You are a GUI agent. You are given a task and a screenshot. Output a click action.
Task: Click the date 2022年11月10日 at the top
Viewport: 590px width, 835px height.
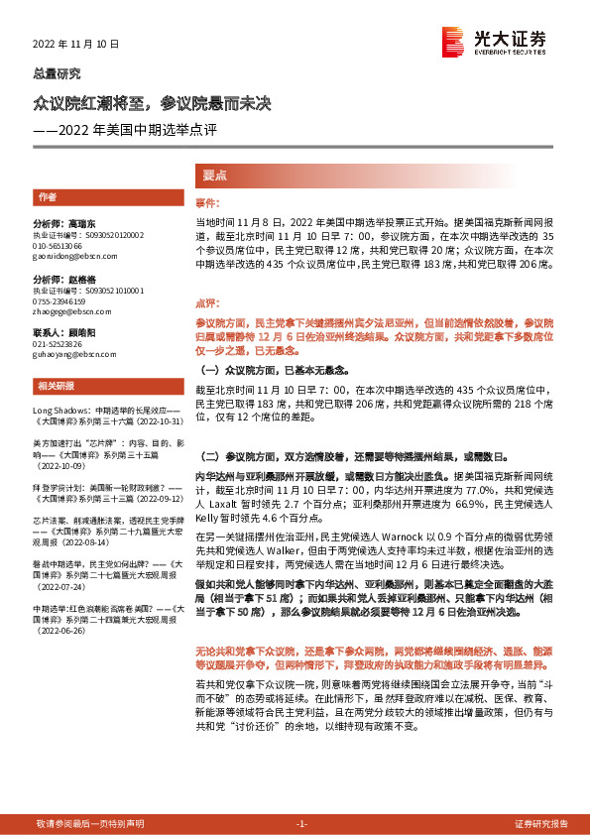click(x=76, y=45)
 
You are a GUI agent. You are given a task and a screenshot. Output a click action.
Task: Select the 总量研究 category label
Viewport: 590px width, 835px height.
click(x=57, y=73)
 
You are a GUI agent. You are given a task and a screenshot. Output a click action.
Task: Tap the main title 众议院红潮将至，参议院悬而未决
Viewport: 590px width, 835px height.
click(x=152, y=102)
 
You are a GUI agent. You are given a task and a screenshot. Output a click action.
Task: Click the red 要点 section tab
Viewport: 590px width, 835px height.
click(x=214, y=175)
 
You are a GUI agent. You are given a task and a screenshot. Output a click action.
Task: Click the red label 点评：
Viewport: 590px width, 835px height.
click(x=206, y=302)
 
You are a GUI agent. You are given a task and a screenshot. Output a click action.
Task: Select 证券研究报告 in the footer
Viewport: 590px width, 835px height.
click(x=540, y=824)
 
